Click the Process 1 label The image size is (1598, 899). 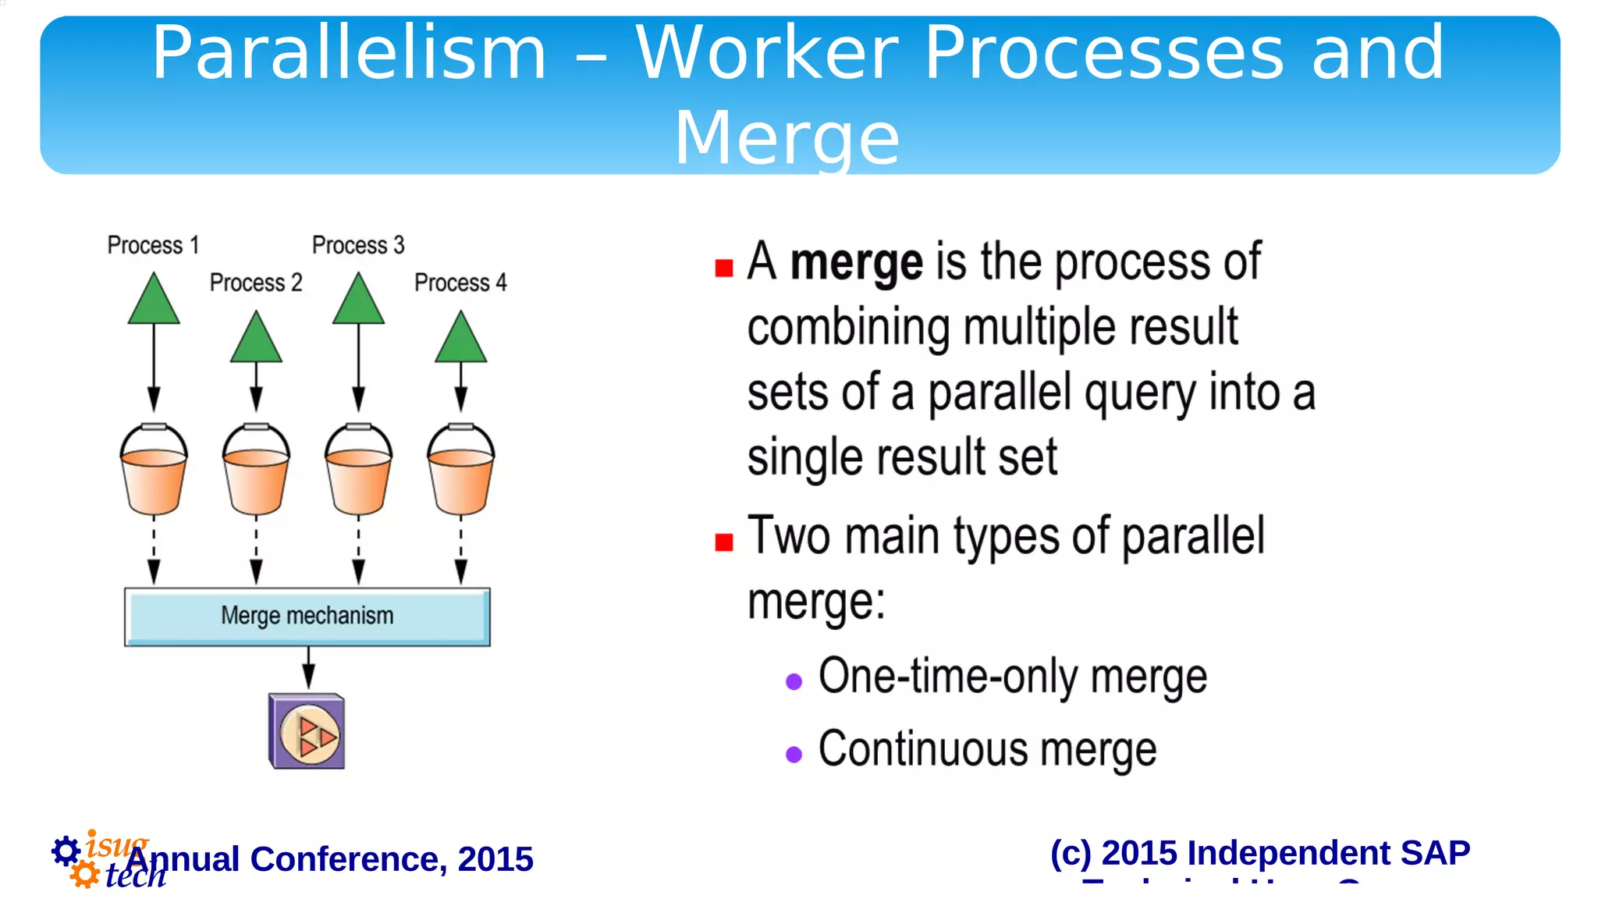click(x=153, y=245)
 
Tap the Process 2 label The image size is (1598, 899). click(x=256, y=282)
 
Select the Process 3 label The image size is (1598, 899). click(x=358, y=245)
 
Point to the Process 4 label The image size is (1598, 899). click(x=460, y=282)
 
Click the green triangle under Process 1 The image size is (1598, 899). click(x=154, y=301)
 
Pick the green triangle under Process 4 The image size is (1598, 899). click(x=460, y=340)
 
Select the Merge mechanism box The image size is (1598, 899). click(x=307, y=617)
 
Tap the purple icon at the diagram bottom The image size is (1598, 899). click(x=307, y=731)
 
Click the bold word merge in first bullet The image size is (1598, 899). click(x=856, y=261)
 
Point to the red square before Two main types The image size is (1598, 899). click(x=724, y=542)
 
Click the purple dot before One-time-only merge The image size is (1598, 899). click(x=794, y=681)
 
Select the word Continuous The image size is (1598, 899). click(x=923, y=749)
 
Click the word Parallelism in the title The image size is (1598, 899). click(x=349, y=53)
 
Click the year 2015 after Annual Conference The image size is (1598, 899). click(x=495, y=859)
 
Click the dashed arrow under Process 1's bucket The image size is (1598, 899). click(x=154, y=551)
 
